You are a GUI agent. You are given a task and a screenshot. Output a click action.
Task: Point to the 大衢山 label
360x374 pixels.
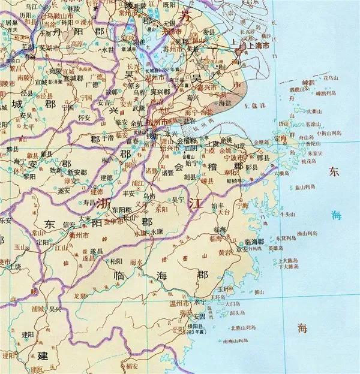pyautogui.click(x=314, y=111)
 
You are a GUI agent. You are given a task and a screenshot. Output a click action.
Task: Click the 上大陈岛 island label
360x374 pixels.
pyautogui.click(x=289, y=261)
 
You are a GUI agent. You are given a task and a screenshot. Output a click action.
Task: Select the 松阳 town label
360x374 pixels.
pyautogui.click(x=116, y=261)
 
